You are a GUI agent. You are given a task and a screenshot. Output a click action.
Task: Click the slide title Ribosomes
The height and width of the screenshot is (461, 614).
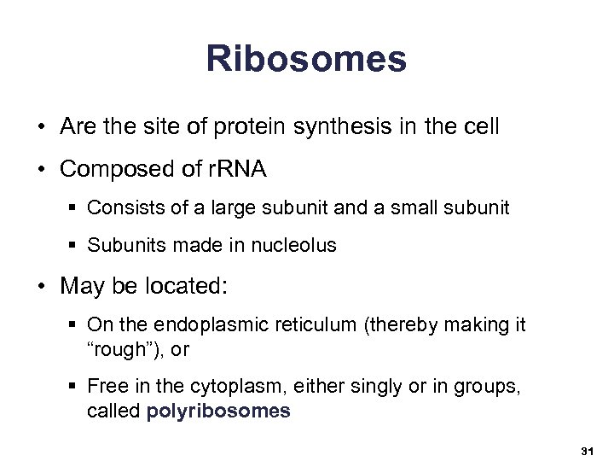point(306,59)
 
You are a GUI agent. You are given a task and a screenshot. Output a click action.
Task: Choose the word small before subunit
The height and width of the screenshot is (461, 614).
point(401,207)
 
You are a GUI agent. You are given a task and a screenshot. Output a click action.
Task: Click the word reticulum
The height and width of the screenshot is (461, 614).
point(302,324)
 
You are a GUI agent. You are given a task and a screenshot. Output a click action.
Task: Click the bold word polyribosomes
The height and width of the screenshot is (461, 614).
point(218,411)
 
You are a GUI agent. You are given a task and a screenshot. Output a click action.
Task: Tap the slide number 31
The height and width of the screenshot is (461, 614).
point(586,449)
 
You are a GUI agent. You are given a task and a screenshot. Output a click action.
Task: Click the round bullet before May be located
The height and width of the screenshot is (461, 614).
point(42,286)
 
